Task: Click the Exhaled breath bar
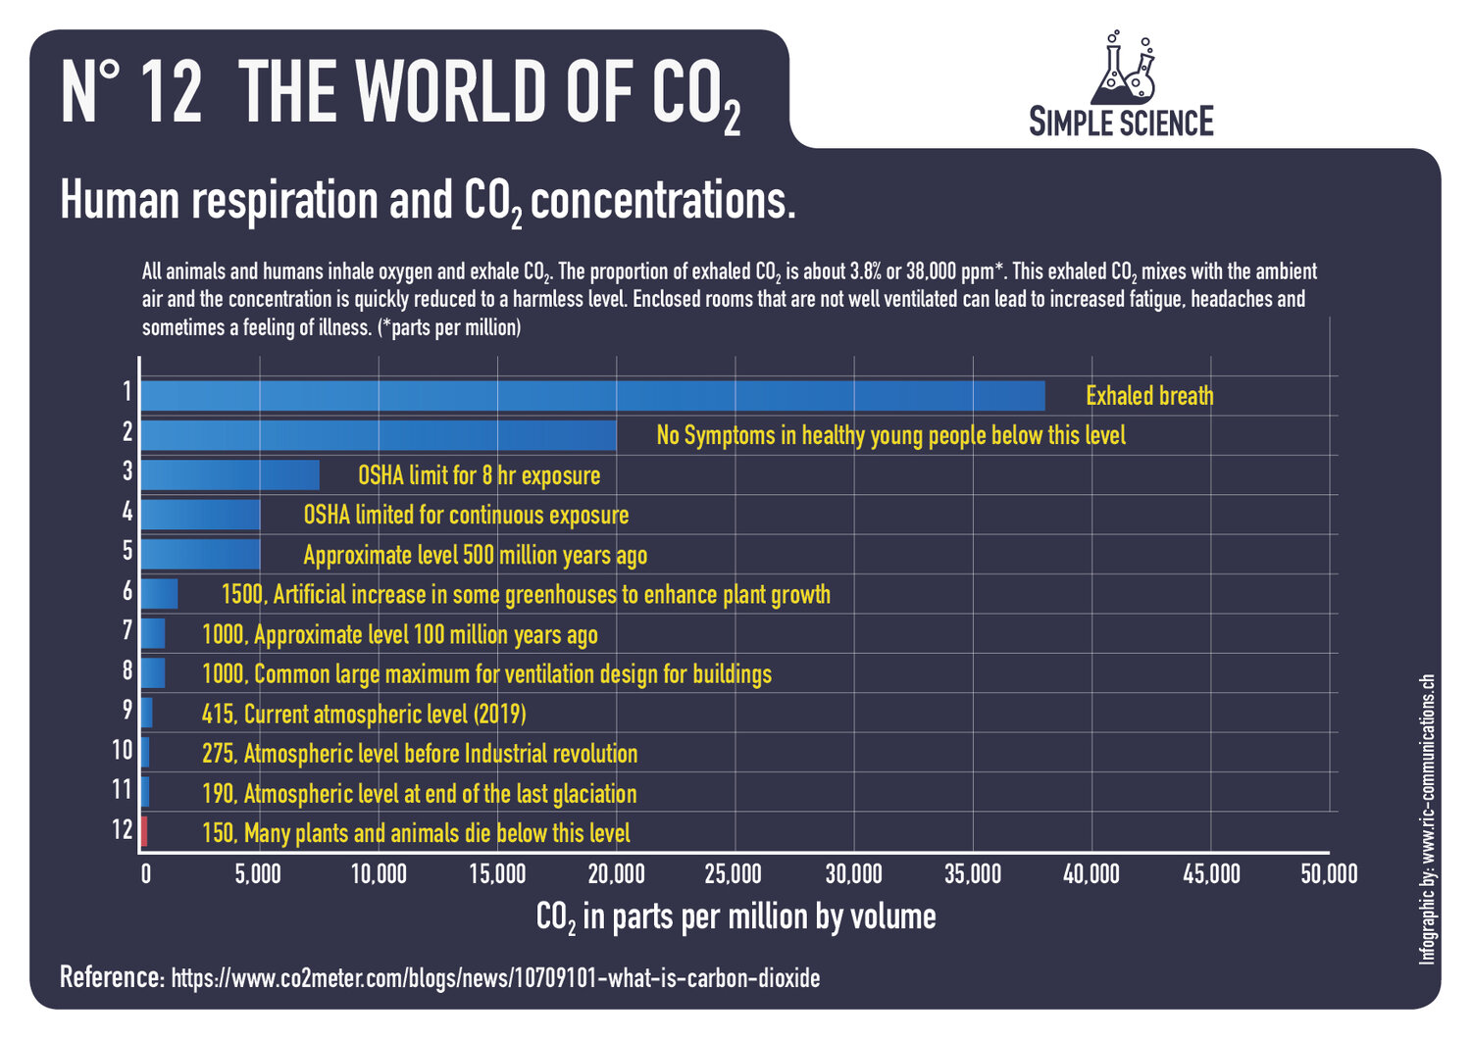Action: (x=592, y=396)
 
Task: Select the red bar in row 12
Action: (x=144, y=831)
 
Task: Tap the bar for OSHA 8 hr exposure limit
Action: (x=230, y=475)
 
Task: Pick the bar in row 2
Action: (x=379, y=435)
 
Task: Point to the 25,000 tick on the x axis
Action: (x=734, y=873)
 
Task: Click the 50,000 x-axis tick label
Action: (x=1329, y=873)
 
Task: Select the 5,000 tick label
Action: (x=258, y=873)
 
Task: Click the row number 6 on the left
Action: (x=127, y=590)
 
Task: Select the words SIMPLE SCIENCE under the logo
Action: (x=1121, y=123)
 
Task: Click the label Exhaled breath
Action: (x=1149, y=396)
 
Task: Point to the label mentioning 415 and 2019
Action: (x=364, y=714)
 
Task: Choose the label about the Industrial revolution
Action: (x=420, y=754)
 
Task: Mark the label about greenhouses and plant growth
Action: (x=526, y=595)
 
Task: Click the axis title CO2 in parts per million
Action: (x=735, y=917)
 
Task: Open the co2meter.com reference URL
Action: (x=495, y=978)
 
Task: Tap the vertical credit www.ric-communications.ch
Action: (x=1427, y=818)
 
